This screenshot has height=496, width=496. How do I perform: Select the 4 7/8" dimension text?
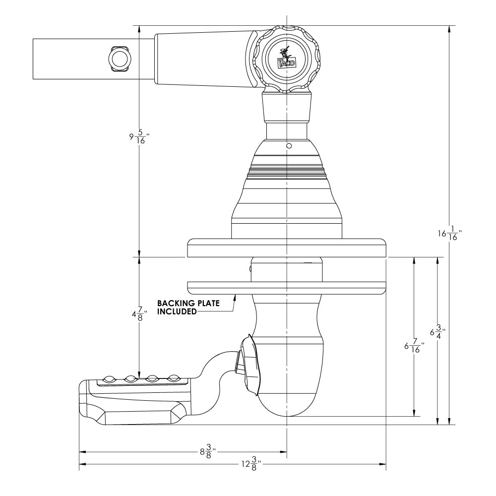click(x=136, y=314)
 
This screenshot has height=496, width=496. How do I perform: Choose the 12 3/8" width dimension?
click(x=250, y=464)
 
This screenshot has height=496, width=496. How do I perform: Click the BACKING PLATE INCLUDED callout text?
click(x=188, y=307)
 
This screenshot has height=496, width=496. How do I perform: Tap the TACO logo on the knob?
click(x=286, y=59)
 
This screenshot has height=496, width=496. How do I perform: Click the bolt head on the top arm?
click(x=119, y=59)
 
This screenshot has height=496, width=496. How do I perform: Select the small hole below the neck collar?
click(x=287, y=146)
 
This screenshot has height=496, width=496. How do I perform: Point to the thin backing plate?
click(x=287, y=286)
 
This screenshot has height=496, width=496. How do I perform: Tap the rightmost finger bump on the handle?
click(x=173, y=378)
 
